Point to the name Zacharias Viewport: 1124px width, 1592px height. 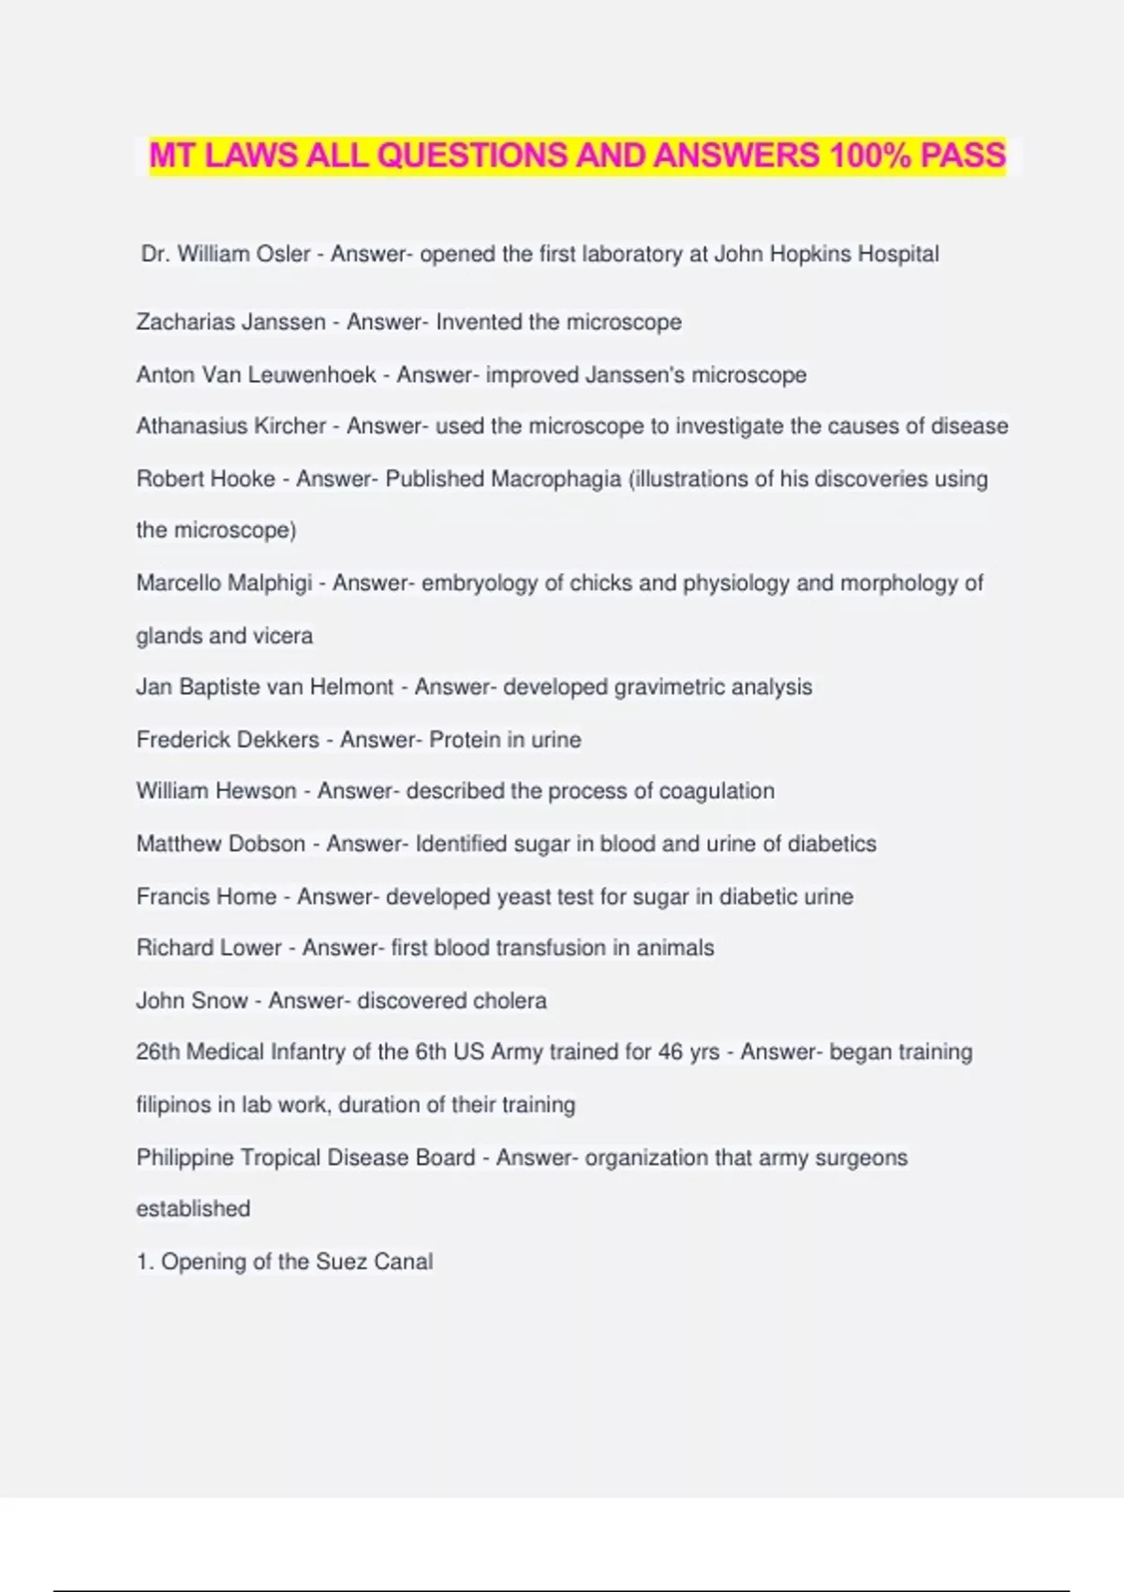tap(184, 322)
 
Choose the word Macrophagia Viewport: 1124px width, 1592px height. tap(555, 479)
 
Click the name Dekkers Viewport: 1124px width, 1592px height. tap(277, 740)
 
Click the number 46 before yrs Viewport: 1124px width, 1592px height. tap(671, 1053)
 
